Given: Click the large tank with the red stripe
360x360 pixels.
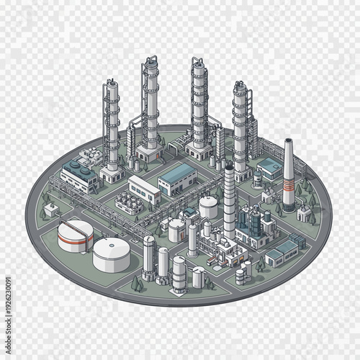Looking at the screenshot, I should coord(75,235).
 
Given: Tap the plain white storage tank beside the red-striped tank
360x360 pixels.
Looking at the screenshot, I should coord(112,253).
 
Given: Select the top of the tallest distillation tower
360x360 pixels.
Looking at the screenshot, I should coord(150,60).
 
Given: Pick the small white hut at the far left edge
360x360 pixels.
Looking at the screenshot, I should coord(50,210).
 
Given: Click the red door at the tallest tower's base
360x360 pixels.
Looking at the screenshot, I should coord(150,153).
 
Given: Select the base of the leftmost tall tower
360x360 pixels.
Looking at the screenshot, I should coord(111,174).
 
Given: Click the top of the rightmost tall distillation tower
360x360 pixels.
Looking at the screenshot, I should coord(240,84).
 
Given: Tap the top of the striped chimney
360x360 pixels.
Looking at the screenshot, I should coord(289,141).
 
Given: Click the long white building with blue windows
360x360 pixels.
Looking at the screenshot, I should coord(145,189).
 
